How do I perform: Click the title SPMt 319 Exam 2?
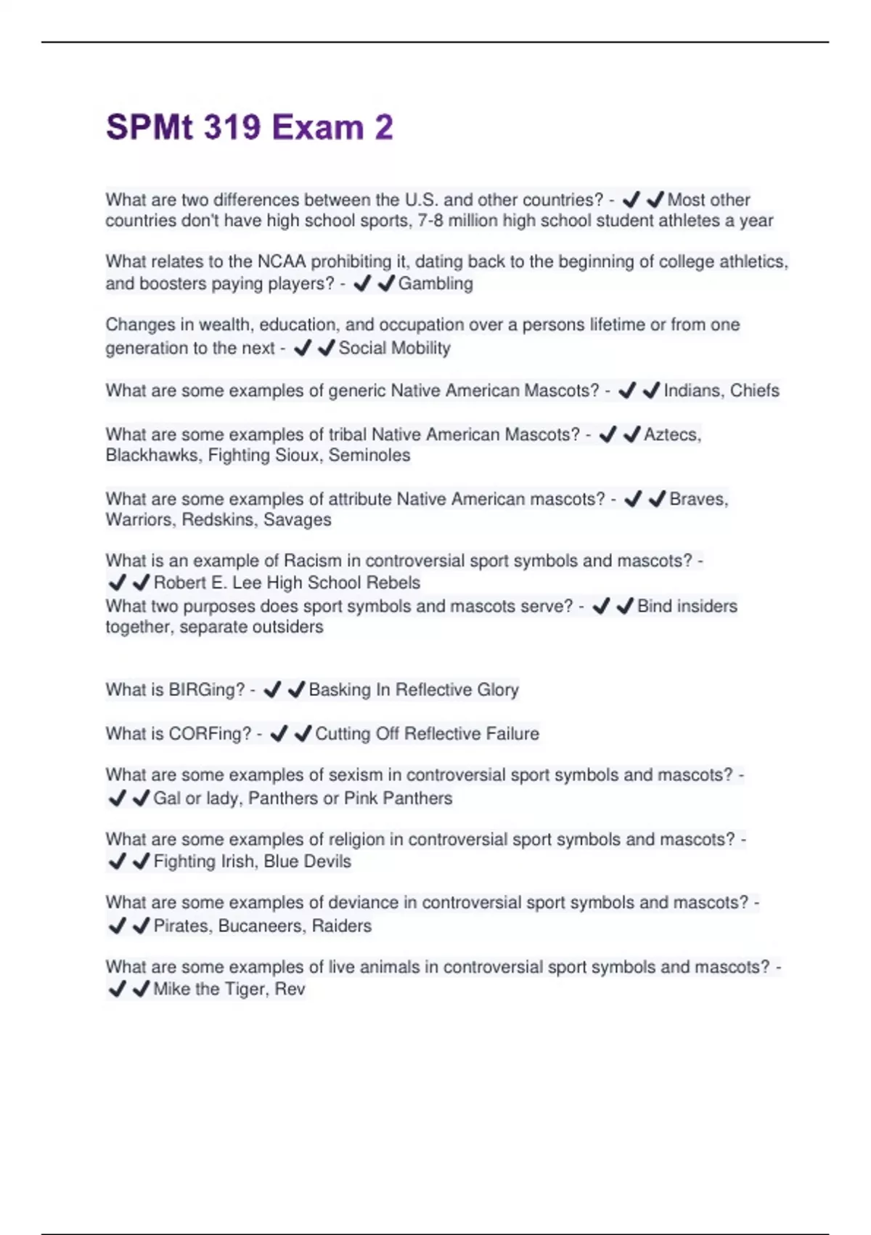249,127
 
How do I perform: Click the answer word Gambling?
435,283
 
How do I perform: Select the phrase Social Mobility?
394,348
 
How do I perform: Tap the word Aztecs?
672,434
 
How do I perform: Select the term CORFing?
210,734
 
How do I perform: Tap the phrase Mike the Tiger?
208,989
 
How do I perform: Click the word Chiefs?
755,391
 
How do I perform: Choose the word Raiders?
342,926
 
